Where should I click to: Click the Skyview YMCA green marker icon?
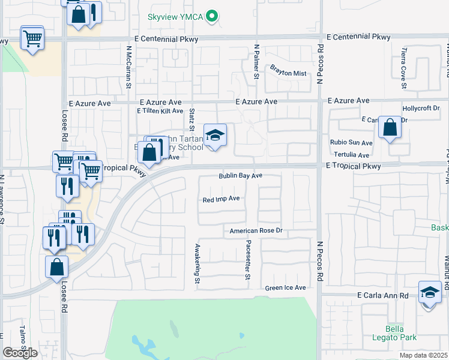211,17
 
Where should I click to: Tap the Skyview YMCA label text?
175,17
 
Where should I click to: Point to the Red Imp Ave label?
221,199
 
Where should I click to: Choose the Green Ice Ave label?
286,288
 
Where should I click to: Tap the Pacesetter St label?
247,260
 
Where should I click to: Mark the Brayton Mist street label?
288,73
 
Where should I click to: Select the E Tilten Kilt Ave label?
160,111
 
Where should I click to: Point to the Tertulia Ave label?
351,155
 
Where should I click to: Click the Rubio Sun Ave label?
351,143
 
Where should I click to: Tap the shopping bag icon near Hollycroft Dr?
390,128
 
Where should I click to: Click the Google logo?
20,353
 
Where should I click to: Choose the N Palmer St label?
256,62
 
